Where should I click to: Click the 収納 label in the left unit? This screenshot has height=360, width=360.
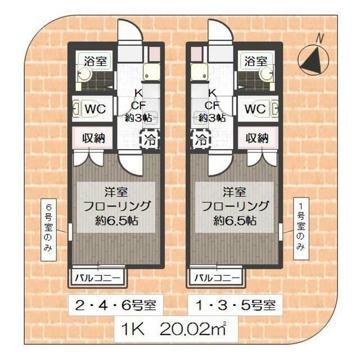tap(94, 138)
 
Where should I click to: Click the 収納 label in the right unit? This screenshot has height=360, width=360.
tap(257, 138)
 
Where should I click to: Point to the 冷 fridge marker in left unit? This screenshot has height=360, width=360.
tap(150, 139)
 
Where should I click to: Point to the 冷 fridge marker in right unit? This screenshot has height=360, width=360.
tap(200, 139)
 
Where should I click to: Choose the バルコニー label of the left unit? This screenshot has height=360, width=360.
tap(98, 278)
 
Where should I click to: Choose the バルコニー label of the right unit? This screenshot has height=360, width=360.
tap(217, 278)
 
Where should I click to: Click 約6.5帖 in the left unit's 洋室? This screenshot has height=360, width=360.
tap(115, 220)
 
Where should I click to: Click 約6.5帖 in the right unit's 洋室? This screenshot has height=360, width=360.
tap(235, 220)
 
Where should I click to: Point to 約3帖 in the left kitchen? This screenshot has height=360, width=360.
tap(138, 118)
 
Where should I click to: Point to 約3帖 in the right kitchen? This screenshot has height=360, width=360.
tap(212, 118)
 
